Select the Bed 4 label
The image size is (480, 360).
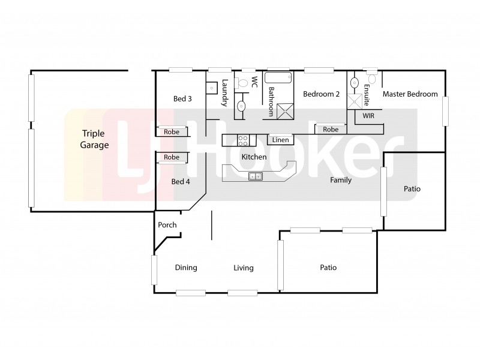tap(181, 181)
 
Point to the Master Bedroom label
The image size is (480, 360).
tap(410, 94)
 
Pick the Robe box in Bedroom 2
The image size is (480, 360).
tap(331, 129)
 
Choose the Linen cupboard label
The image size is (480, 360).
tap(280, 140)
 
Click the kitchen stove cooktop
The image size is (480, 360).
tap(244, 140)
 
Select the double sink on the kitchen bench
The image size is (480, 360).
tap(255, 176)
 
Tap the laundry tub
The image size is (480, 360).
tap(212, 88)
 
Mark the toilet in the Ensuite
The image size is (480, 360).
tap(372, 79)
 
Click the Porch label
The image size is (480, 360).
tap(167, 225)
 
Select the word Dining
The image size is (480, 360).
tap(186, 268)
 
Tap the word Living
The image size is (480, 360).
tap(244, 268)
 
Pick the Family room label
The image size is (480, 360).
tap(341, 180)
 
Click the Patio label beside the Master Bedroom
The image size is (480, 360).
tap(412, 189)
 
